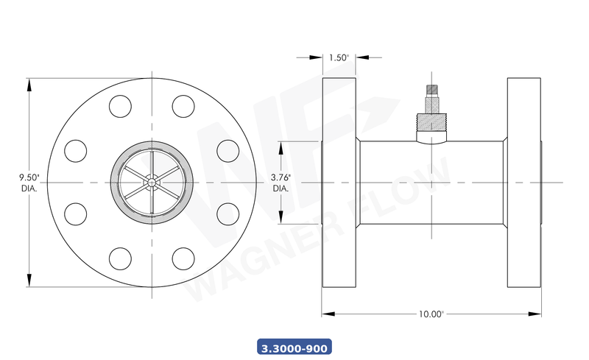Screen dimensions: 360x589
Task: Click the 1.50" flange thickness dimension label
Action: (339, 57)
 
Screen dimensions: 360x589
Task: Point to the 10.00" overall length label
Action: (431, 314)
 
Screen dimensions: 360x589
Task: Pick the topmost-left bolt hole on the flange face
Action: (119, 107)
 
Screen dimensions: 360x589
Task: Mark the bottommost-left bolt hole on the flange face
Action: (119, 257)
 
